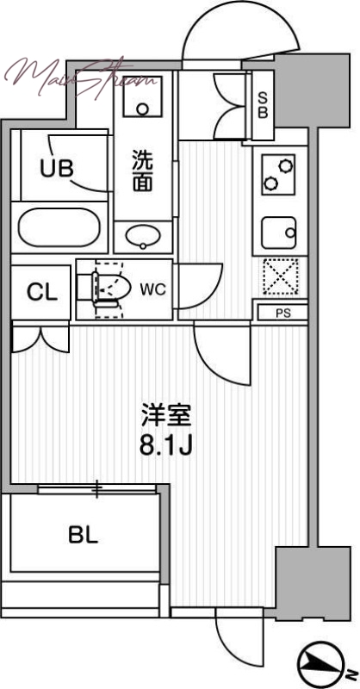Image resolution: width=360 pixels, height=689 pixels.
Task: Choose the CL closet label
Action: coord(41,292)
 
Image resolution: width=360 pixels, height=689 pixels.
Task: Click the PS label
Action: coord(282,313)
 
